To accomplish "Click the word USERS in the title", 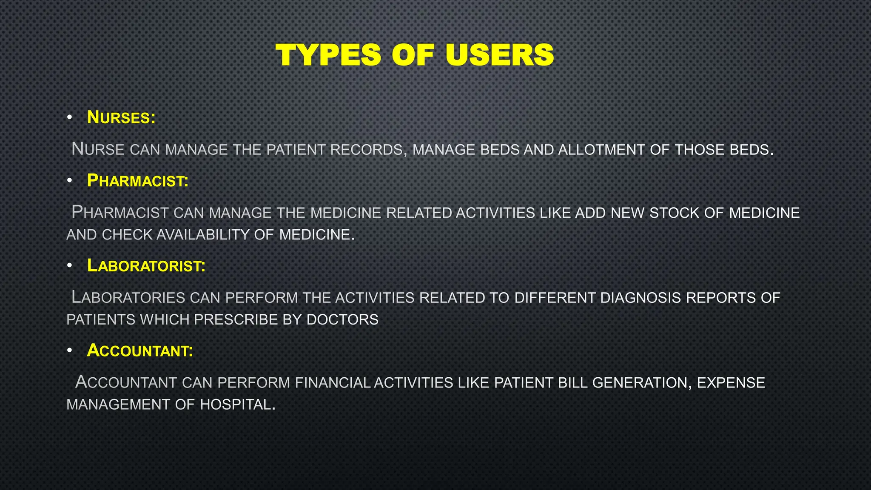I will click(x=500, y=55).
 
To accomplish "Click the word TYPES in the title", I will click(x=328, y=55).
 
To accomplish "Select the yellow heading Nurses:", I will click(x=121, y=117).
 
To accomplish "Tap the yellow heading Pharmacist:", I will click(x=137, y=181).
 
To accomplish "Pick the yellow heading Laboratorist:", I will click(x=146, y=266).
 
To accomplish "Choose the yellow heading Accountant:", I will click(x=139, y=351).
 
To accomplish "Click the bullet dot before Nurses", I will click(x=69, y=118).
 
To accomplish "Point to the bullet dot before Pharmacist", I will click(x=69, y=181).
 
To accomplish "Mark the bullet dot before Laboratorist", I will click(x=69, y=266).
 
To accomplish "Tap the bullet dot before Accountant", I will click(x=69, y=351).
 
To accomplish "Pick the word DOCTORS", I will click(x=342, y=320).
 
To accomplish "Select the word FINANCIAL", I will click(x=333, y=383).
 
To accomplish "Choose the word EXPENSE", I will click(x=731, y=383).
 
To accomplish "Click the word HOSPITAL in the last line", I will click(x=237, y=405).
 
